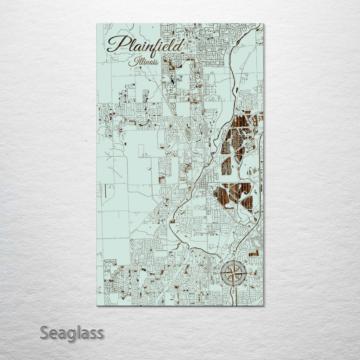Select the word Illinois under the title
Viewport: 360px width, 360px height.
143,62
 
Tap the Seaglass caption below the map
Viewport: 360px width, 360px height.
72,333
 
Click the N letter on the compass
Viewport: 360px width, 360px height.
233,254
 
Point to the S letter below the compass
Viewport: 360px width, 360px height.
233,291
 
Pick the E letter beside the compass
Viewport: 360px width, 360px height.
251,273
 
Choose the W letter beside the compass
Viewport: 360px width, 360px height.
215,273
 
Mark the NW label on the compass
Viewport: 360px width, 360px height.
221,261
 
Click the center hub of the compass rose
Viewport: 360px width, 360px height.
233,273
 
